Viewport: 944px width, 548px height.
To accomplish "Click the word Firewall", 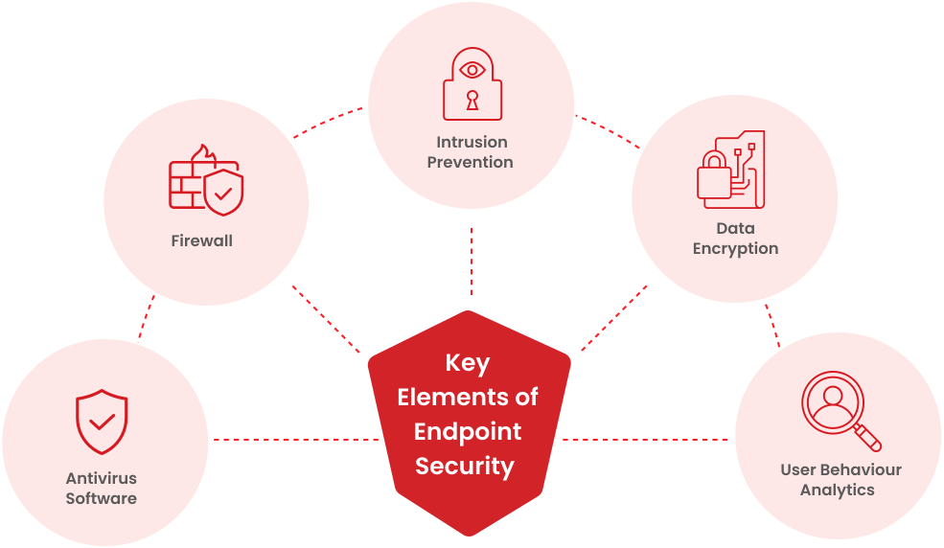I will (201, 240).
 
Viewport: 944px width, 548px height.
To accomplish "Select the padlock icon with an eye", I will (472, 84).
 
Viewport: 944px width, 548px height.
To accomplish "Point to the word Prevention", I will (470, 162).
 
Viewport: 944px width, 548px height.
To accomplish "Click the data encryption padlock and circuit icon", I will (730, 171).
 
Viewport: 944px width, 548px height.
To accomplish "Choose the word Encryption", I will (735, 248).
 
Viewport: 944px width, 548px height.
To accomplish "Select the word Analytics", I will (837, 490).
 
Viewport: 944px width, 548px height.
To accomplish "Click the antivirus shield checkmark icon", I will (102, 422).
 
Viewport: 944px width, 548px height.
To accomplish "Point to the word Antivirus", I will (101, 478).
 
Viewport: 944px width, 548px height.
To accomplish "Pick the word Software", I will (101, 498).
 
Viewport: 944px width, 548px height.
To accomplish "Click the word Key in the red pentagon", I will (468, 363).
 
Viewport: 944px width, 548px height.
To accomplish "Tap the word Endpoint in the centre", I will (468, 431).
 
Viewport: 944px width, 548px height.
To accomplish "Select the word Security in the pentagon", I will (465, 466).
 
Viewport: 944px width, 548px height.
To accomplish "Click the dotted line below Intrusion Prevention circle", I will (472, 261).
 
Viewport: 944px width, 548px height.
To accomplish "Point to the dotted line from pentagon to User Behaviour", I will (644, 440).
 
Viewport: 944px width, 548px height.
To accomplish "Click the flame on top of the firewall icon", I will (200, 153).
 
